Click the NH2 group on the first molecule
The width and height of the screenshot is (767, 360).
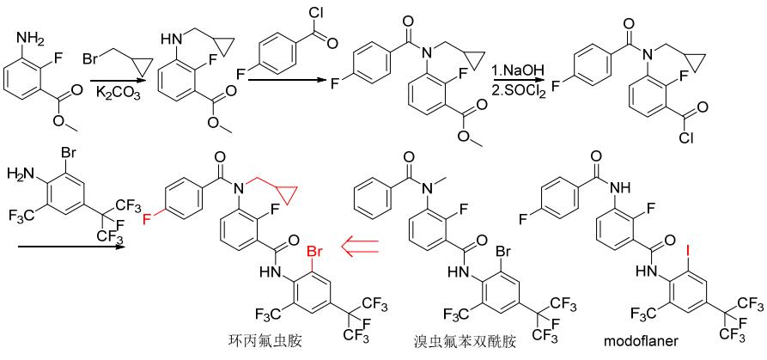30,38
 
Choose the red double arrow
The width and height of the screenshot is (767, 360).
361,247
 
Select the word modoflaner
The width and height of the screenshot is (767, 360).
642,342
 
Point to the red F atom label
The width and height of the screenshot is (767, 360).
147,221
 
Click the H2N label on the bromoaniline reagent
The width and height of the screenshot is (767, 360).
20,173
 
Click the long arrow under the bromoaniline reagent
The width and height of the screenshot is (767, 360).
70,247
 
